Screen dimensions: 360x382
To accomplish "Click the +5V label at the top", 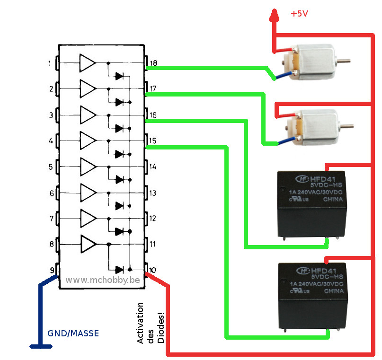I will click(299, 14).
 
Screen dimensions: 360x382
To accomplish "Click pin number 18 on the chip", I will click(154, 63).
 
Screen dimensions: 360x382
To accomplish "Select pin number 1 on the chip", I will click(50, 63).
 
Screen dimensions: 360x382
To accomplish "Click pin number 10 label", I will click(152, 271).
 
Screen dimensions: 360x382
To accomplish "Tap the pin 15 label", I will click(153, 141).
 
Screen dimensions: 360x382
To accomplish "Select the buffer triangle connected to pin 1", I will click(87, 62).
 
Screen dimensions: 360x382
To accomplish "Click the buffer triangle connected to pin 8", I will click(88, 244).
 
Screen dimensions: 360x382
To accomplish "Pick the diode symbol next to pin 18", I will click(120, 76).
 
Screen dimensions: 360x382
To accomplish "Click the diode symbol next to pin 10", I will click(120, 270).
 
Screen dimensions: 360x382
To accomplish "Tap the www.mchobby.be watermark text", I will click(103, 280).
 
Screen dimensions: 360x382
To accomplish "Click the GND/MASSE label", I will click(73, 334).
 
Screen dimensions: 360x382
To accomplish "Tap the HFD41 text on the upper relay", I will click(321, 178).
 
